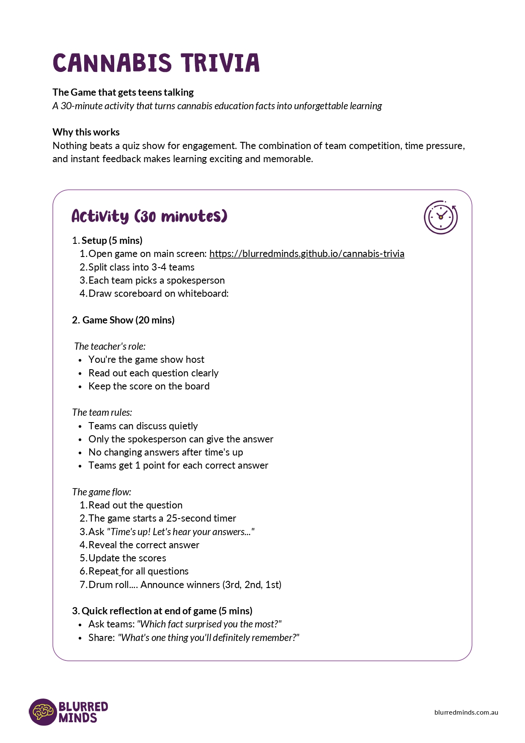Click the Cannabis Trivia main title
[x=156, y=63]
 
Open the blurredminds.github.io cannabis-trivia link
[x=307, y=254]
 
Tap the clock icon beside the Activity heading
[x=440, y=217]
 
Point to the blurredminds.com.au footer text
[x=466, y=712]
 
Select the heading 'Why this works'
[x=86, y=132]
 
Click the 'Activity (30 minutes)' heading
[x=149, y=216]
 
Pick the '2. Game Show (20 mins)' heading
[x=123, y=320]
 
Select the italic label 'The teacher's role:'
[x=110, y=346]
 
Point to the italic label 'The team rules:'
[x=102, y=412]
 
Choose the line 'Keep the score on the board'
[x=149, y=386]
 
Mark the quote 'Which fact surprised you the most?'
[x=209, y=624]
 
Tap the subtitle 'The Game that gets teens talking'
[x=123, y=92]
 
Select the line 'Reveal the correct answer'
[x=143, y=545]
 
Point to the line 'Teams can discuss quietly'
[x=143, y=426]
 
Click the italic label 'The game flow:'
[x=102, y=492]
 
